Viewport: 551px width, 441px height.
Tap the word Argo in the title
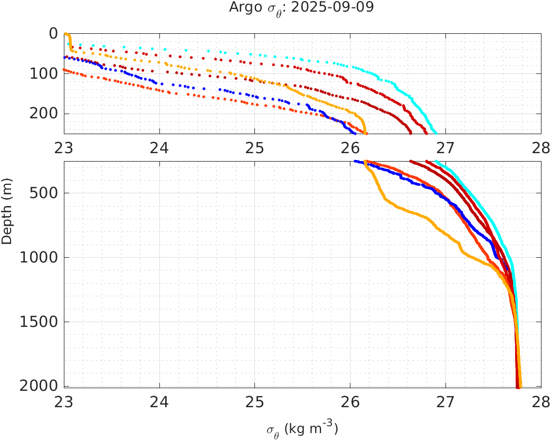pos(243,8)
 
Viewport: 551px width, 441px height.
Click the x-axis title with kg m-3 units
pos(302,429)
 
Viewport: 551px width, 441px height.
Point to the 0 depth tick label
pos(53,33)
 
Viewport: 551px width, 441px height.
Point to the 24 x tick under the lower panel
pos(159,401)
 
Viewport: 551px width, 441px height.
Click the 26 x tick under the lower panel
pos(350,401)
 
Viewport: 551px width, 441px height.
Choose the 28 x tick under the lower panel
pos(540,401)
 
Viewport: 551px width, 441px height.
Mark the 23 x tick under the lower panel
pos(64,401)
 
